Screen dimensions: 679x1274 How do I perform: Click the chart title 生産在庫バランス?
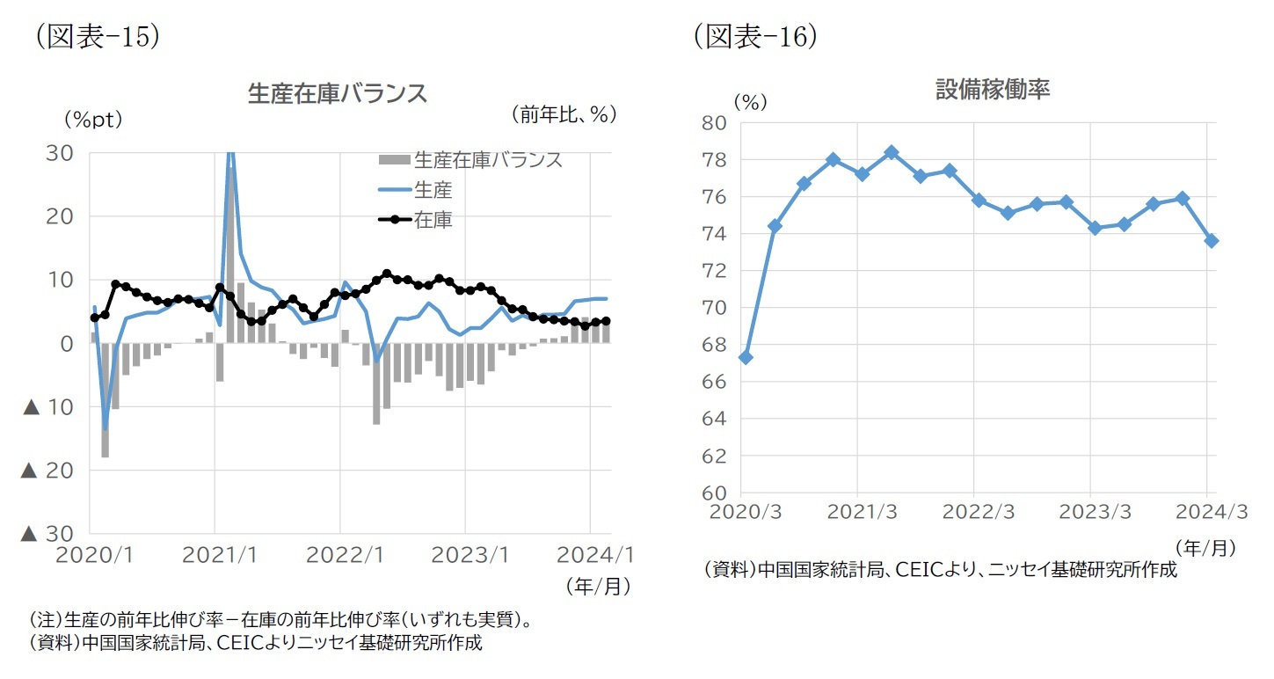tap(338, 94)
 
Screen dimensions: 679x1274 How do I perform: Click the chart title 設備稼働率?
tap(993, 90)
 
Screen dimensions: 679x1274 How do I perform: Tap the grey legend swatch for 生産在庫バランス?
tap(393, 161)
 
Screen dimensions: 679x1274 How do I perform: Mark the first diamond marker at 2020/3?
tap(746, 357)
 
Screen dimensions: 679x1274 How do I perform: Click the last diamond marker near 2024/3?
tap(1212, 240)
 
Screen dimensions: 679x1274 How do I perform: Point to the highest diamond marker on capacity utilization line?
tap(892, 152)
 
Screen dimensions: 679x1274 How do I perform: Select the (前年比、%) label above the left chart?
tap(563, 114)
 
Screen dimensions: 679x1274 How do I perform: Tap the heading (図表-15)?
tap(97, 36)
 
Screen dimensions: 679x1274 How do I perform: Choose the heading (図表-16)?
tap(755, 36)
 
